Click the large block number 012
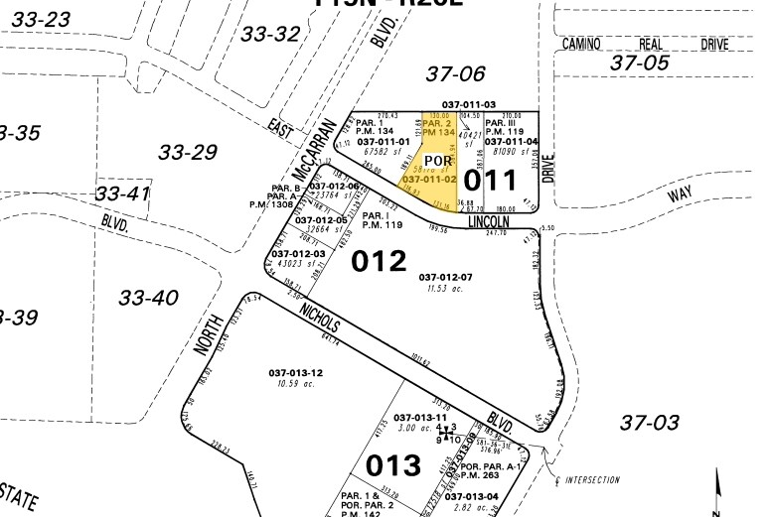(380, 261)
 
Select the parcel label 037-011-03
(469, 105)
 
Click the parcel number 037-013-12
(294, 372)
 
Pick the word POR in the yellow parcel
(438, 161)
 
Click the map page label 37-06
(455, 72)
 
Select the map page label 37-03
(650, 423)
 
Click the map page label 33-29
(189, 152)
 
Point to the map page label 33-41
(122, 194)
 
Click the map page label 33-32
(270, 35)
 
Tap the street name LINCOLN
(489, 223)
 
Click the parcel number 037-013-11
(421, 418)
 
